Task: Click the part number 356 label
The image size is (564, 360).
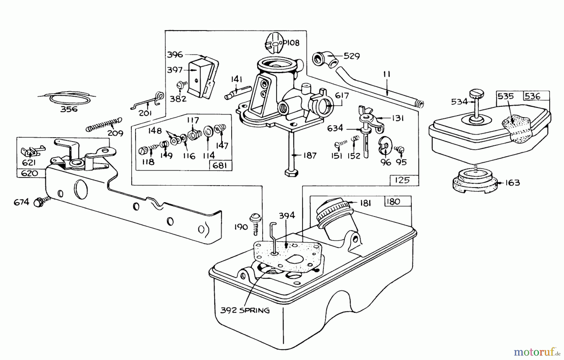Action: tap(69, 109)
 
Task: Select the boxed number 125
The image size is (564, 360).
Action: tap(402, 180)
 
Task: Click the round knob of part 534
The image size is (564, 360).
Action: tap(477, 93)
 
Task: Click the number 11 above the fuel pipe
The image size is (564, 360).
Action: tap(386, 75)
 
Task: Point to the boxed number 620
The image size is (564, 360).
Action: tap(30, 173)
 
